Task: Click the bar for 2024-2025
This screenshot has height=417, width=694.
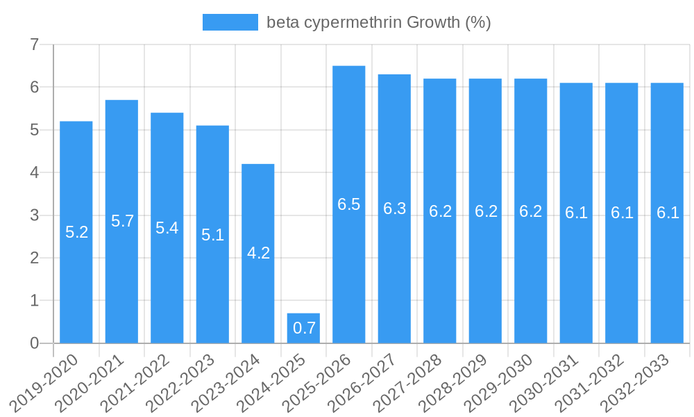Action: (x=303, y=328)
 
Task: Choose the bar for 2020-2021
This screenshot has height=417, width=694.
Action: (x=121, y=222)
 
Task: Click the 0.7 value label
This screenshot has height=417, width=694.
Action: (x=304, y=329)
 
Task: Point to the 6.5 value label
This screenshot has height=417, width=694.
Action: (x=349, y=204)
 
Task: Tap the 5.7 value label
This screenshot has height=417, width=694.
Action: (x=122, y=221)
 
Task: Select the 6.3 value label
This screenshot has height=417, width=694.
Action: (x=394, y=208)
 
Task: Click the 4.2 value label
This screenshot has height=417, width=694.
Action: (x=258, y=253)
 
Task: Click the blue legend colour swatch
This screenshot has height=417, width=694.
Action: (x=230, y=22)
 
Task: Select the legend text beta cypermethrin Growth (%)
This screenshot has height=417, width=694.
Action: (x=379, y=22)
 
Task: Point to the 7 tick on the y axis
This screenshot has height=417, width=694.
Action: (x=34, y=45)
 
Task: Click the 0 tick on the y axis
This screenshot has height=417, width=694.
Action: (x=34, y=343)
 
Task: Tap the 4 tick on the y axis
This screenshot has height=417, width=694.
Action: (x=34, y=172)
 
